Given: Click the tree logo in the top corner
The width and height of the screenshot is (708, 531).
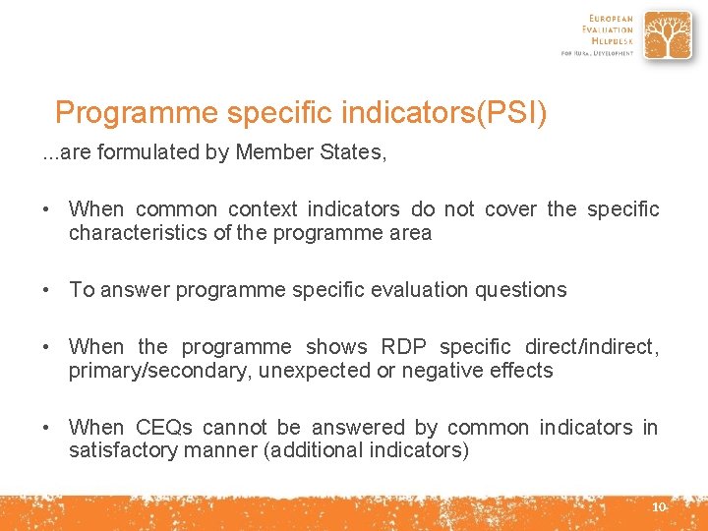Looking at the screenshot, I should point(668,35).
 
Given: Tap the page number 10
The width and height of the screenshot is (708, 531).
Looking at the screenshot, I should point(659,506).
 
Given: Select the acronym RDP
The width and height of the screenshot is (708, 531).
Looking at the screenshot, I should point(403,347).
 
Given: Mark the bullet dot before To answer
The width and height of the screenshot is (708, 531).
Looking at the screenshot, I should point(47,290).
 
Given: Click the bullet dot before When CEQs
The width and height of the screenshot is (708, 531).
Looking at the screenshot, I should point(47,428).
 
